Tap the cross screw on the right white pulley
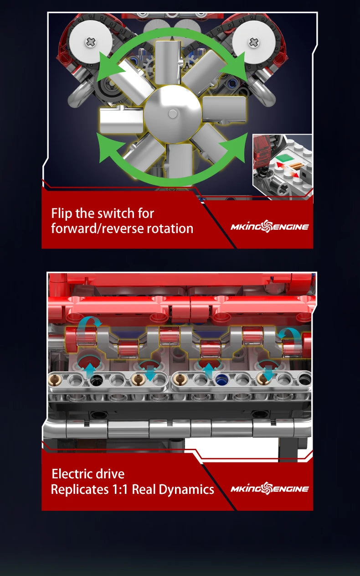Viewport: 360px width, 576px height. point(253,42)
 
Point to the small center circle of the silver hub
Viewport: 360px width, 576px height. point(172,114)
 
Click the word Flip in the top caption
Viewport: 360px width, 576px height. point(62,214)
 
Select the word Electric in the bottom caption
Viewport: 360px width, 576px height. point(73,474)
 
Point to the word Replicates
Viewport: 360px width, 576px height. point(80,489)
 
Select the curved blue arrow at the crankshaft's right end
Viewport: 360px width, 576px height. point(290,333)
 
